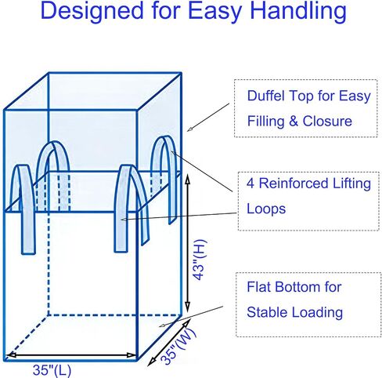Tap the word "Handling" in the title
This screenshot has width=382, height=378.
298,12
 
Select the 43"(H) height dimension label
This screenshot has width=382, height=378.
201,260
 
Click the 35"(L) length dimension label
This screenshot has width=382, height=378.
52,370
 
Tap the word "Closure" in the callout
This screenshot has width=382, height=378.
327,121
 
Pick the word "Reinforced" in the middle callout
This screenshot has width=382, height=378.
294,184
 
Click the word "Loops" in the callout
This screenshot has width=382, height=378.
266,209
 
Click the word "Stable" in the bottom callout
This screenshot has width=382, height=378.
267,312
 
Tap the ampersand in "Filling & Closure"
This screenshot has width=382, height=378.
294,122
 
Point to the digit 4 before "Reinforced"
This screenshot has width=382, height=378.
250,184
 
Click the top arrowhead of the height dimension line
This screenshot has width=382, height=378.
188,180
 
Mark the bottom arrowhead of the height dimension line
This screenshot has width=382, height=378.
187,306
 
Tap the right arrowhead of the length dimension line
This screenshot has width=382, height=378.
131,355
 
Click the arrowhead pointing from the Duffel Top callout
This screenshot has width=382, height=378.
189,129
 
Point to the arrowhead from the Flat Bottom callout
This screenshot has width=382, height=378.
162,325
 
